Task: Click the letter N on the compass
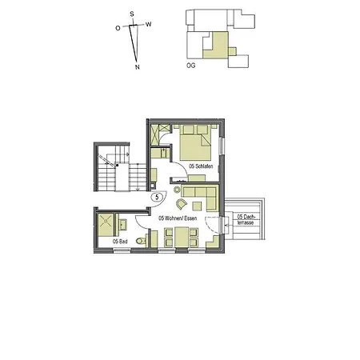(138, 68)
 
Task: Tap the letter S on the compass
(133, 14)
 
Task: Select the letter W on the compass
(149, 24)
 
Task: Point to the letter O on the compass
(118, 28)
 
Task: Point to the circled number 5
(158, 195)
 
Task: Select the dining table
(182, 238)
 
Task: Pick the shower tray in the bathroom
(106, 222)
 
